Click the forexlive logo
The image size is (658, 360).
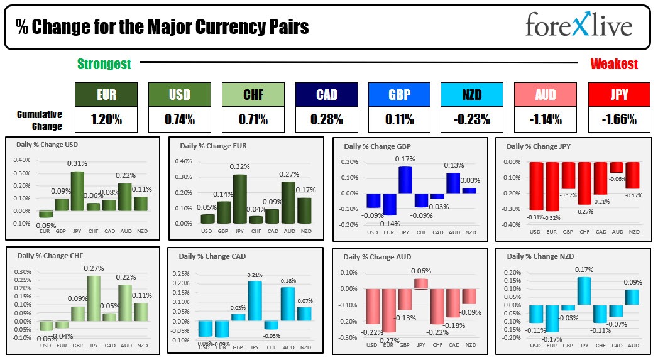pyautogui.click(x=578, y=26)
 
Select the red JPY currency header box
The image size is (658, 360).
pyautogui.click(x=619, y=95)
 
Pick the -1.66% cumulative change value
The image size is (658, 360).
pyautogui.click(x=619, y=119)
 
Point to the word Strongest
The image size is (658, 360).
pyautogui.click(x=104, y=64)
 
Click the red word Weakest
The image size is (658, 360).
pyautogui.click(x=614, y=64)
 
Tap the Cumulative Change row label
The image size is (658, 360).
pyautogui.click(x=40, y=120)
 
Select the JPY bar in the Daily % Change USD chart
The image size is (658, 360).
pyautogui.click(x=77, y=190)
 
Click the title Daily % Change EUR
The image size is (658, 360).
pyautogui.click(x=213, y=146)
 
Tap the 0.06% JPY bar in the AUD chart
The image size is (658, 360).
pyautogui.click(x=421, y=283)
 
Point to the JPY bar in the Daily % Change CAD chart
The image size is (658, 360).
pyautogui.click(x=255, y=302)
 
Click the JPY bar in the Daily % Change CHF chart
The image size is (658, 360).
pyautogui.click(x=94, y=298)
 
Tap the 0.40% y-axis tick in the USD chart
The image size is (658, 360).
pyautogui.click(x=21, y=161)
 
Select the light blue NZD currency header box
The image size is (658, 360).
pyautogui.click(x=472, y=95)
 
